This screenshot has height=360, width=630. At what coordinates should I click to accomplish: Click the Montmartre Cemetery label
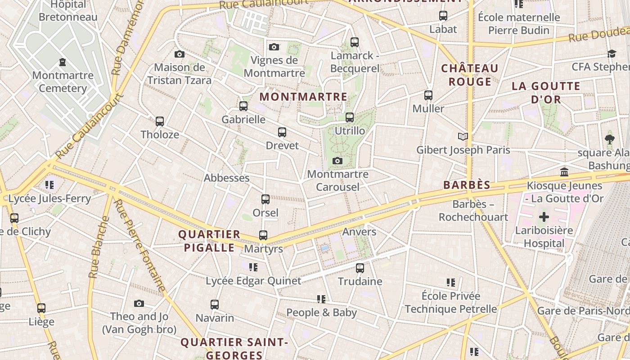[x=63, y=81]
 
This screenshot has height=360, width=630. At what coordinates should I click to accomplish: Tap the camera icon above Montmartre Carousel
[x=337, y=161]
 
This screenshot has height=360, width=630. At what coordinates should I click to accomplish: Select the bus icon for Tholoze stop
[x=160, y=121]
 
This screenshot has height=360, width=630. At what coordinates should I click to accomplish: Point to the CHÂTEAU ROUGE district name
[x=469, y=75]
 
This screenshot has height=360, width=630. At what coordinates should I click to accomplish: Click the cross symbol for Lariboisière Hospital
[x=544, y=217]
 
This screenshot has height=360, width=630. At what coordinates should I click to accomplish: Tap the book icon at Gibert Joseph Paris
[x=463, y=136]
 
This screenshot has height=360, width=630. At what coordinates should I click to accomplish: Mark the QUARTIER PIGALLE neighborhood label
[x=209, y=241]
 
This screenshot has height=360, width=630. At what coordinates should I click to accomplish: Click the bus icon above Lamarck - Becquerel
[x=355, y=42]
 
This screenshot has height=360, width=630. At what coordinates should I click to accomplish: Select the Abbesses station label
[x=226, y=178]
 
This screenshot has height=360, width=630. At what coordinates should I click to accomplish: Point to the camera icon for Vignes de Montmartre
[x=274, y=47]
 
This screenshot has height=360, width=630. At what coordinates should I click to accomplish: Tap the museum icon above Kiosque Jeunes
[x=564, y=172]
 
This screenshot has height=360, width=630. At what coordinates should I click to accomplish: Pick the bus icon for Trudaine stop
[x=360, y=268]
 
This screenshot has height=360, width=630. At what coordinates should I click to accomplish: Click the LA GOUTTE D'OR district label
[x=546, y=93]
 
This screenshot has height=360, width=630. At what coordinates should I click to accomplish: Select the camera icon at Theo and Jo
[x=139, y=304]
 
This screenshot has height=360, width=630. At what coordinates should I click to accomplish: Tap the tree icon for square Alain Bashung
[x=610, y=139]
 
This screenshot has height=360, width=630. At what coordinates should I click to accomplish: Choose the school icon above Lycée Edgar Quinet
[x=253, y=267]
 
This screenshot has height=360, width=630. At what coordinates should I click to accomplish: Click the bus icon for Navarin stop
[x=215, y=305]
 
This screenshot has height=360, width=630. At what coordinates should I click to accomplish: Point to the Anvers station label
[x=359, y=231]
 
